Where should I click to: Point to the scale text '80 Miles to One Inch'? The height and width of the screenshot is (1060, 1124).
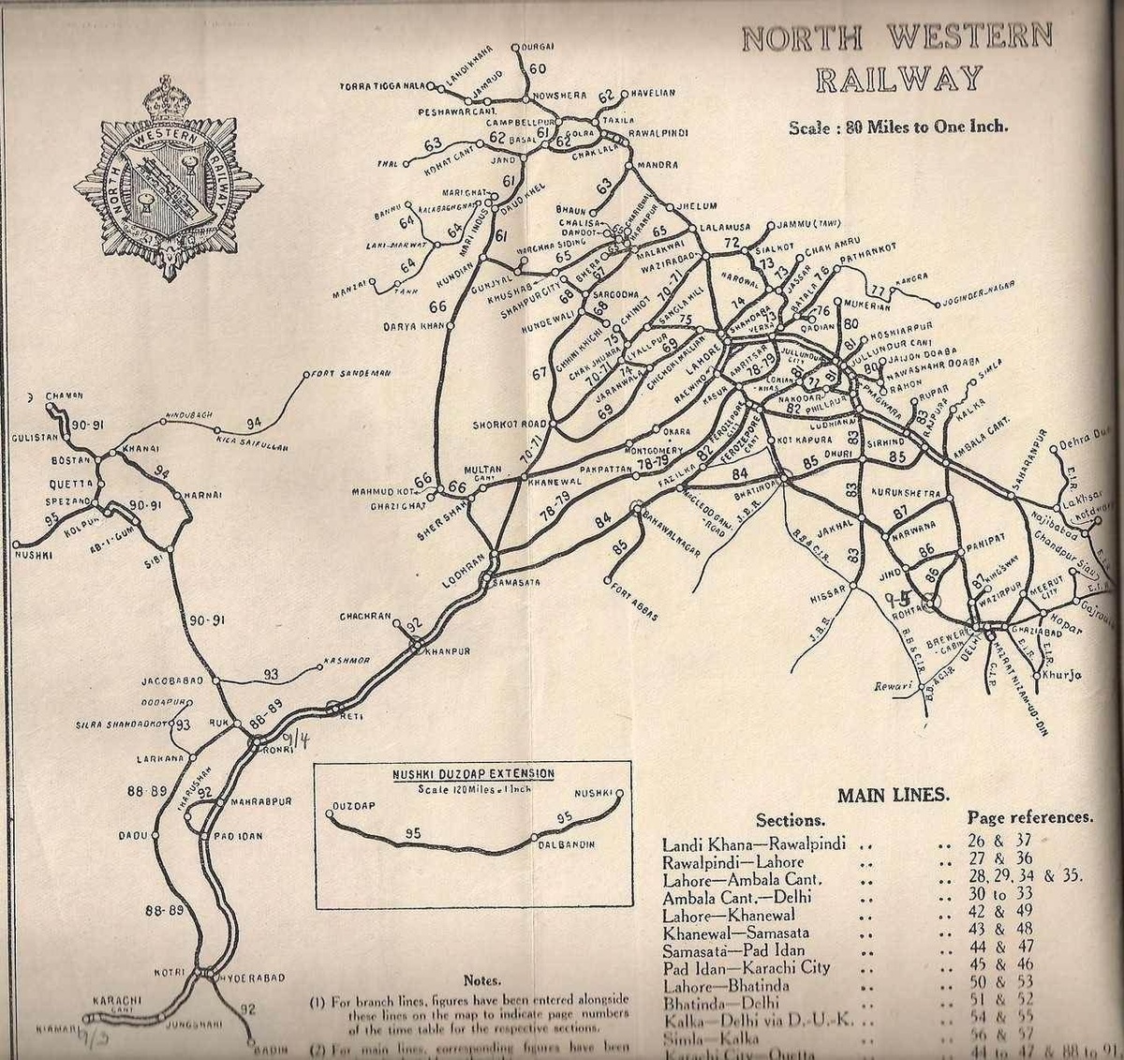[x=897, y=127]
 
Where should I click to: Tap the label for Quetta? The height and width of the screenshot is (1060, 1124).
[x=72, y=484]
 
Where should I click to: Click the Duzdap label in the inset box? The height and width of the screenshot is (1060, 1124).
[x=353, y=806]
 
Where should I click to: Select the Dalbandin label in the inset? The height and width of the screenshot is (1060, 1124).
[x=567, y=845]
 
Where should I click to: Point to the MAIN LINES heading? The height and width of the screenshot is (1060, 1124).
[x=893, y=796]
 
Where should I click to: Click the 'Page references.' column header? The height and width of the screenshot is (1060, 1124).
[x=1029, y=817]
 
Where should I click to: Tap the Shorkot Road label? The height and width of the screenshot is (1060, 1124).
[x=509, y=425]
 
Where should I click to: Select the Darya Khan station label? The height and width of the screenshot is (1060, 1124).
[x=411, y=327]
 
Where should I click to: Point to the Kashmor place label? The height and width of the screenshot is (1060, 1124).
[x=347, y=661]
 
